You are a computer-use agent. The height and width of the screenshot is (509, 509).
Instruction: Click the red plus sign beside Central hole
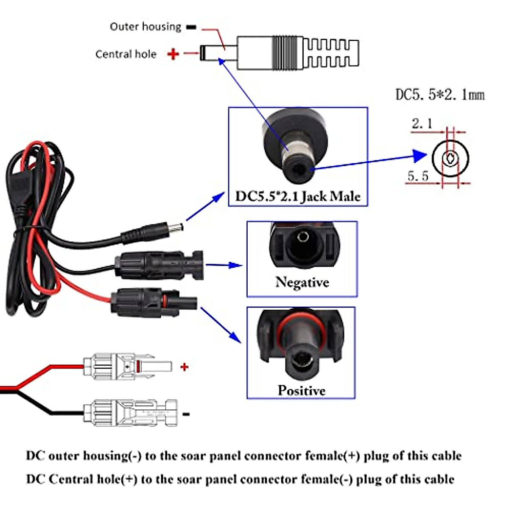[173, 54]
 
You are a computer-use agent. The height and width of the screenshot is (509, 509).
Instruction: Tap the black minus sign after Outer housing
[191, 27]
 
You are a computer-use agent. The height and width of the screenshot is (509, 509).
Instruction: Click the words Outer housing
[145, 27]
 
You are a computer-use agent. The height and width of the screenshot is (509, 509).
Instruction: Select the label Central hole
[126, 54]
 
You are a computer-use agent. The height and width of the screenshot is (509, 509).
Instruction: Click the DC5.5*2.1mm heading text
[439, 95]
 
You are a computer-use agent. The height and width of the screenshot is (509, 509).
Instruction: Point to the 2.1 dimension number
[422, 124]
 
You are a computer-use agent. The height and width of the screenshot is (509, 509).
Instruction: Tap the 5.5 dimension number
[418, 176]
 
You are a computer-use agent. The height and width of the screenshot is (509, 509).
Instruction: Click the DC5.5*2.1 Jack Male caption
[298, 196]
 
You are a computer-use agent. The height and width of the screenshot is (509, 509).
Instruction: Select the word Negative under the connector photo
[302, 282]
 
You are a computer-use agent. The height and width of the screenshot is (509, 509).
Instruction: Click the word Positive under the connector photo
[301, 390]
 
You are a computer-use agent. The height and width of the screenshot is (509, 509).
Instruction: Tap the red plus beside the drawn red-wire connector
[184, 367]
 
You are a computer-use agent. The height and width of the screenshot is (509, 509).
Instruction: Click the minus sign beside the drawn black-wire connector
[186, 414]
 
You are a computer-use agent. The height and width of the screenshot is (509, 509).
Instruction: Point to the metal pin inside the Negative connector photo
[303, 236]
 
